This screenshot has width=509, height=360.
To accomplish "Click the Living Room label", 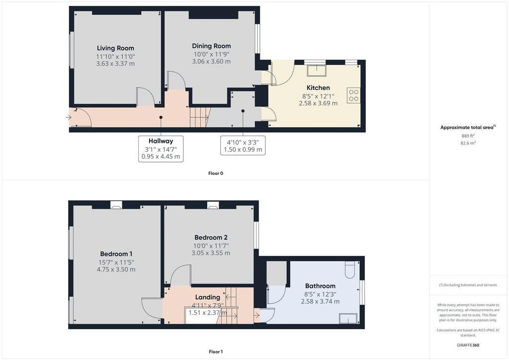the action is coord(115,48).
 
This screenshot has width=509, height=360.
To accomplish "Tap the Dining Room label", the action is coord(211,46).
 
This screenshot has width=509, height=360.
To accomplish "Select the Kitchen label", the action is coord(318,88).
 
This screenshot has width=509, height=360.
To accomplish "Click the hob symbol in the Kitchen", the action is coord(353,95).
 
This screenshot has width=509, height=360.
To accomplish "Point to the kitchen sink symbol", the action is coord(317,70).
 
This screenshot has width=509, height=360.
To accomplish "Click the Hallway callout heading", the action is coord(161,141).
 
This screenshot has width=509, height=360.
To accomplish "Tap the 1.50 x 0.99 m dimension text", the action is coord(243,150).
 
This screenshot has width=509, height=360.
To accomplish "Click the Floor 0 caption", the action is coord(216,174).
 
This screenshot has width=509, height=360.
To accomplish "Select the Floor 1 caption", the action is coord(216,352).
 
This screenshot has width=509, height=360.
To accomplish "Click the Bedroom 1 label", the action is coord(116,254).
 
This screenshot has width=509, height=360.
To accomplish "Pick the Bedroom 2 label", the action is coord(211,237).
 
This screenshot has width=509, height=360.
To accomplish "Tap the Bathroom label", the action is coord(320,286).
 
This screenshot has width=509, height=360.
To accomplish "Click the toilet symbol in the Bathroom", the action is coord(349,270).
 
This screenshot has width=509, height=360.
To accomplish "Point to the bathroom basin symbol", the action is coord(348,318).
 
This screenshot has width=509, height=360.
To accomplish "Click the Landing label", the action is coord(207,297).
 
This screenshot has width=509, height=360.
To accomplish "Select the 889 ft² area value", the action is coord(468,136).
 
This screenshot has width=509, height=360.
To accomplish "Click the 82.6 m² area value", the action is coord(468,143).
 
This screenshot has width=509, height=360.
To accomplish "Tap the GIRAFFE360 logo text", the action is coord(468,345).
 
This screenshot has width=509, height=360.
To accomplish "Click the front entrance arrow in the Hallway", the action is coord(68,117).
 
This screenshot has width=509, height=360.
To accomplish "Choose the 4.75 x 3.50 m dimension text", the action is coord(116,270).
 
